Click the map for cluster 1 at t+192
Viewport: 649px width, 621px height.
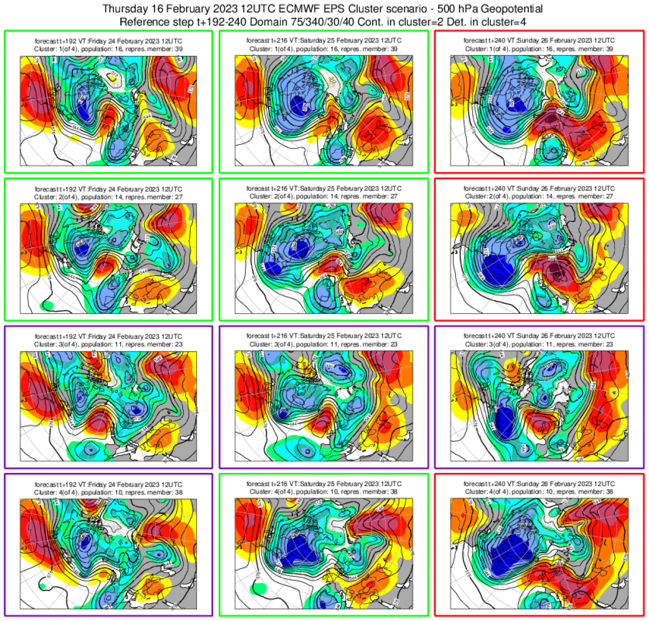[x=108, y=111]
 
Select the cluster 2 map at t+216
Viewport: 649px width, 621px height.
[x=323, y=258]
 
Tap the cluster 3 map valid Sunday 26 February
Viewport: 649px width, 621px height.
[x=539, y=406]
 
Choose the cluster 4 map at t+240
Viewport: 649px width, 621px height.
[x=539, y=554]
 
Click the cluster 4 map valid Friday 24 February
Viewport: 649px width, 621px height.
[x=108, y=554]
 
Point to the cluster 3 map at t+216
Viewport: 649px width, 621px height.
[x=323, y=406]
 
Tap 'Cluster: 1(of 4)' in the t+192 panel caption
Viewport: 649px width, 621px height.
[x=56, y=49]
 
